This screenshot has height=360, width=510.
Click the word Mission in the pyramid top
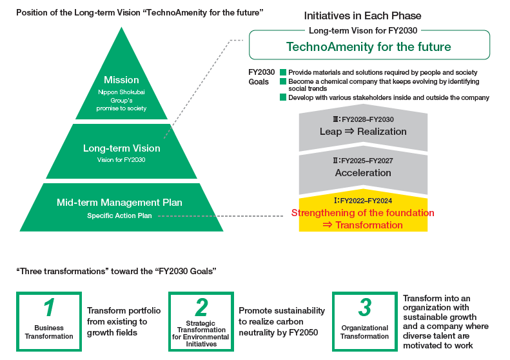coord(121,80)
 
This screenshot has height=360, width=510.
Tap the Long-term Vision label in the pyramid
coord(121,148)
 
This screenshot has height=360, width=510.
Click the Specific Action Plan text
coord(119,215)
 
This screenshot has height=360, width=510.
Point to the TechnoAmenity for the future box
coord(369,46)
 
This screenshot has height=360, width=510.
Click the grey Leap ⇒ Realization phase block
coord(363,131)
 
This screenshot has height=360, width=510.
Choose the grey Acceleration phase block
coord(363,173)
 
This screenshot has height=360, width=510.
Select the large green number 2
coord(201,307)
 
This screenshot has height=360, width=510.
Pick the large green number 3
coord(364,307)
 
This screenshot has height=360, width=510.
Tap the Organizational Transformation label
coord(364,332)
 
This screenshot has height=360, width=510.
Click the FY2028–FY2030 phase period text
coord(367,119)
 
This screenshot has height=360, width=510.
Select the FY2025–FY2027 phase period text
coord(367,161)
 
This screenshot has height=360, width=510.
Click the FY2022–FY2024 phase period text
coord(367,201)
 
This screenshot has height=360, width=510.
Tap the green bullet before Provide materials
coord(282,73)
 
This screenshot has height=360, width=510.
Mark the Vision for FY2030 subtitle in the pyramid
coord(121,159)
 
